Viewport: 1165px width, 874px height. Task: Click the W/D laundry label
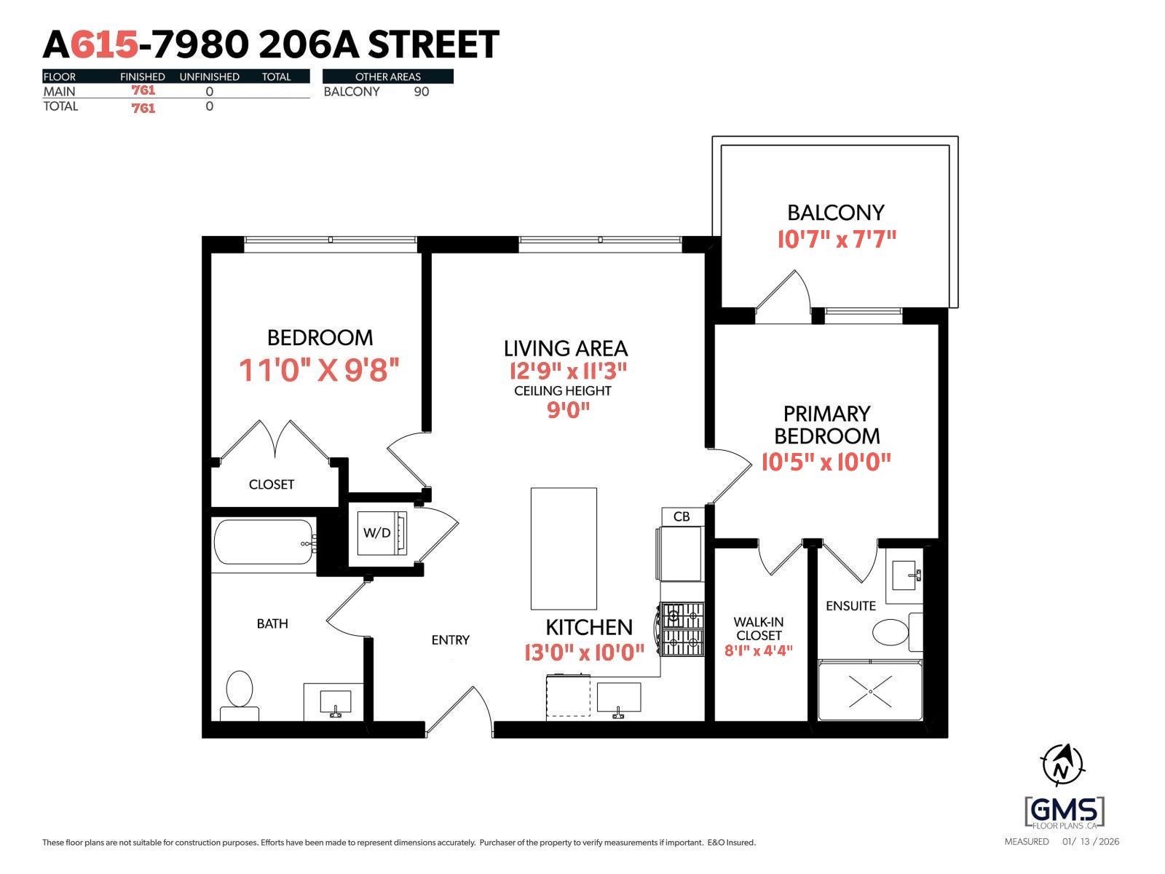click(x=376, y=533)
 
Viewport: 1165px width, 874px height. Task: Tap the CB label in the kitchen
click(x=682, y=516)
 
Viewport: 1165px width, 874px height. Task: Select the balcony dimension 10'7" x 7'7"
click(x=836, y=239)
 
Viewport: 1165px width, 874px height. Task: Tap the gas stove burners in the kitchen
click(x=683, y=629)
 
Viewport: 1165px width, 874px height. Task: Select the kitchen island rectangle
click(x=564, y=548)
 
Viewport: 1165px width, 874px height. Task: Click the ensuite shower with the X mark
click(x=870, y=690)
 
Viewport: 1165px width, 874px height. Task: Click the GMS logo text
click(x=1065, y=810)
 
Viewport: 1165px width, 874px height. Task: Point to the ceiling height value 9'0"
click(x=568, y=410)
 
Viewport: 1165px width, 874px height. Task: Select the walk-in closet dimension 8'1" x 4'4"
click(x=758, y=650)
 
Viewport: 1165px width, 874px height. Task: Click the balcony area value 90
click(x=421, y=92)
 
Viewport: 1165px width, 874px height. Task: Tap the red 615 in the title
click(x=106, y=45)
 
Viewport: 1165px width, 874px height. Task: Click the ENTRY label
click(x=450, y=640)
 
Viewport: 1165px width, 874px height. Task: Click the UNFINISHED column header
click(x=209, y=76)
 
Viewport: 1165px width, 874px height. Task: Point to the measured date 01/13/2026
click(x=1090, y=842)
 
